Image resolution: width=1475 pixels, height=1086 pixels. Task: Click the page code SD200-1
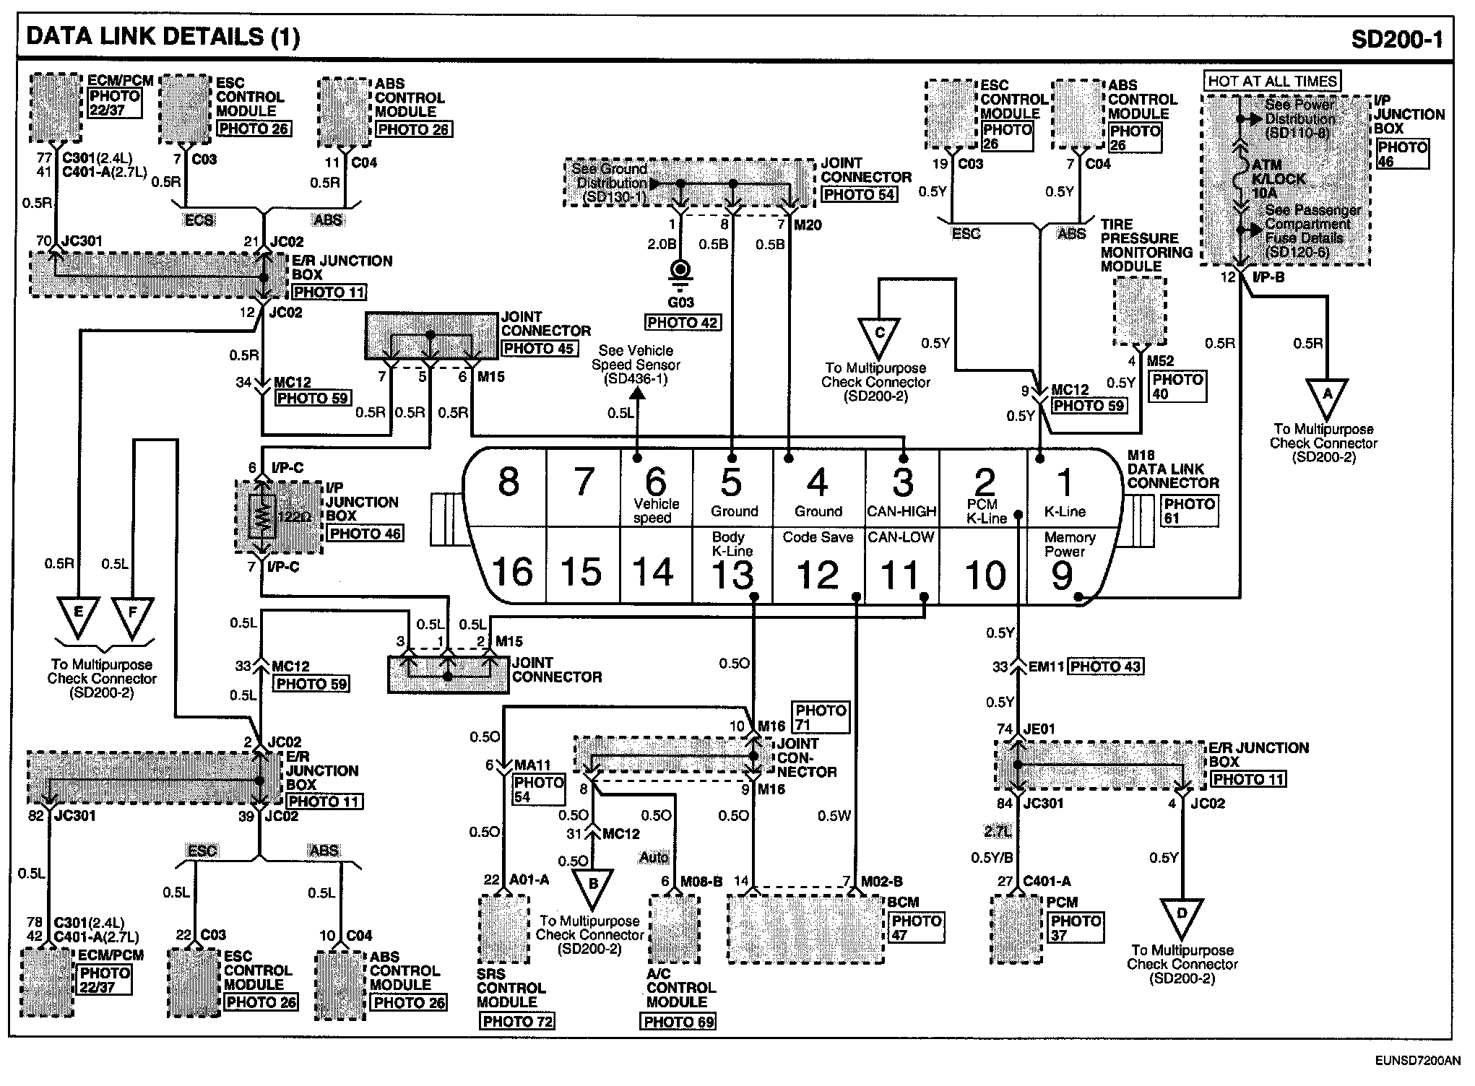(x=1396, y=38)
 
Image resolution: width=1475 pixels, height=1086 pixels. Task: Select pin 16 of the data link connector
(x=512, y=571)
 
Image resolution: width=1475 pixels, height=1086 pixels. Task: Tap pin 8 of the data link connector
(x=509, y=482)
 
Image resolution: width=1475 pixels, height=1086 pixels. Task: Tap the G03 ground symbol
(x=680, y=272)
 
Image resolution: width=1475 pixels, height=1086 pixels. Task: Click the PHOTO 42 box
(x=683, y=323)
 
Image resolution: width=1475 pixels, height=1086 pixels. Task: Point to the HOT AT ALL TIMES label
(x=1272, y=81)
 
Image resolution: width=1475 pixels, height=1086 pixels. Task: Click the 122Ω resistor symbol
(x=261, y=516)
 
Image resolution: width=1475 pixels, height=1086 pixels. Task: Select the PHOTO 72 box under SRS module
(x=517, y=1021)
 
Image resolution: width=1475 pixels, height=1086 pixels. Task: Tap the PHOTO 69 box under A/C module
(x=678, y=1021)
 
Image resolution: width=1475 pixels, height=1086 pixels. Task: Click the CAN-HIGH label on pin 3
(x=902, y=512)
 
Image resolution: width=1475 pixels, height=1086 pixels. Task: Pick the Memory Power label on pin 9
(x=1069, y=544)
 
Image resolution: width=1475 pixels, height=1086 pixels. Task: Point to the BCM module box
(x=805, y=928)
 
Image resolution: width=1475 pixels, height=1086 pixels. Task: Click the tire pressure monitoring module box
(x=1140, y=311)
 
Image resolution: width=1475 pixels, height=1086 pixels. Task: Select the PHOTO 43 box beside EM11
(x=1105, y=666)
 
